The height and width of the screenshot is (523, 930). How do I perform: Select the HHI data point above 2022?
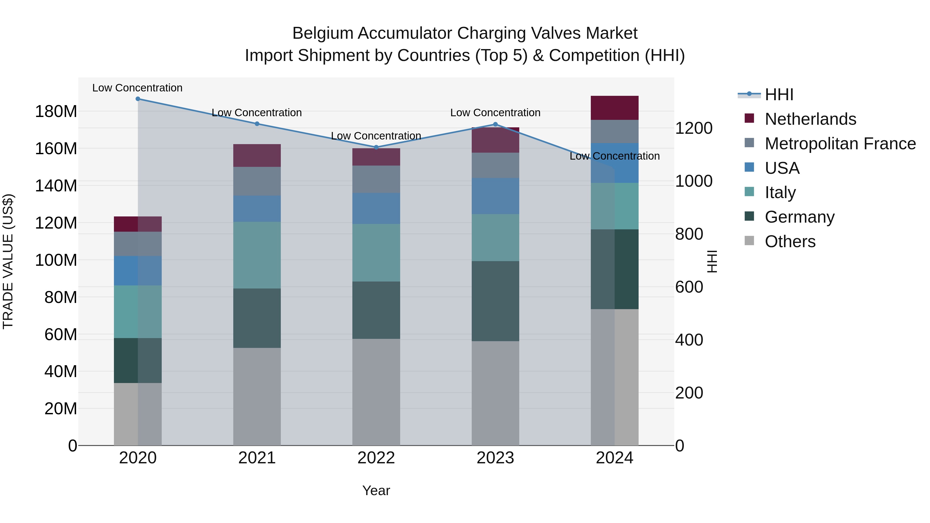coord(376,147)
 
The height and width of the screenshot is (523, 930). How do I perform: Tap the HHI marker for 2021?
coord(257,124)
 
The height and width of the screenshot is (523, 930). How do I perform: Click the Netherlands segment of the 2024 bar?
coord(615,108)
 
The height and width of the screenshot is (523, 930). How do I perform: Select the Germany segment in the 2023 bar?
coord(495,301)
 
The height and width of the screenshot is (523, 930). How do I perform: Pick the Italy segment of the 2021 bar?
coord(257,255)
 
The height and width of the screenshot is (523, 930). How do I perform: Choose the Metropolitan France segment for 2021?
coord(257,181)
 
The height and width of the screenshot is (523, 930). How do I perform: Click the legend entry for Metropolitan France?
coord(840,144)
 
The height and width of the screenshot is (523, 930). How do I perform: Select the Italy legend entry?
coord(780,192)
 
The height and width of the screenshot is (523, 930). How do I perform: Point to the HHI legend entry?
coord(779,95)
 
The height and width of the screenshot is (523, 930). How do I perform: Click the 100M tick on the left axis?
coord(56,260)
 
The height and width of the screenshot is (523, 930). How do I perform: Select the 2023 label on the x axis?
coord(495,458)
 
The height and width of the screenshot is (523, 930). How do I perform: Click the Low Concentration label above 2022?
coord(376,136)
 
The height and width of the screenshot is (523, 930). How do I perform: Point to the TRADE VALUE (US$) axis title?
coord(8,261)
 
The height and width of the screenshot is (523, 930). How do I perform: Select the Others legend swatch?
coord(749,241)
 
